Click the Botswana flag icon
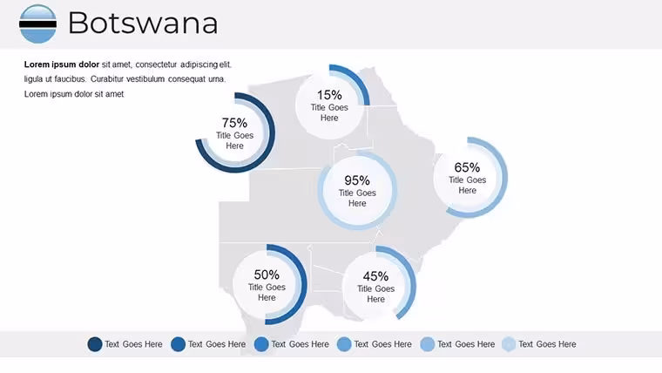[x=37, y=24]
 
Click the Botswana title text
[x=143, y=23]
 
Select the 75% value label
[x=234, y=123]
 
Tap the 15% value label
[x=329, y=95]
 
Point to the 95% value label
[x=357, y=180]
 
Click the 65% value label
[x=467, y=167]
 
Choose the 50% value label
[x=267, y=275]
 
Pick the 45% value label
[x=375, y=276]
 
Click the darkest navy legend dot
[x=95, y=344]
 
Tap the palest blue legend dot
[x=510, y=344]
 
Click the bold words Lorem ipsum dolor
[x=62, y=64]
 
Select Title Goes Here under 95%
[x=357, y=198]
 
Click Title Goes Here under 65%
[x=468, y=185]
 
